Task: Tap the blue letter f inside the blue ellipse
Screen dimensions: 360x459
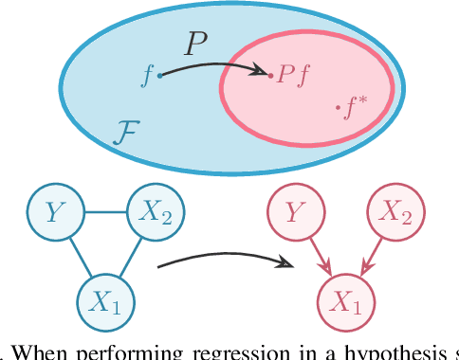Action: tap(147, 76)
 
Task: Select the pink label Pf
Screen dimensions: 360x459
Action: tap(289, 75)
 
